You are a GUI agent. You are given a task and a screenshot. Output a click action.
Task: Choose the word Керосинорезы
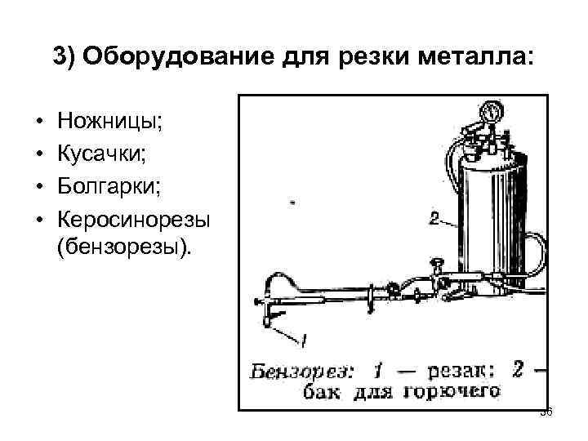pyautogui.click(x=134, y=220)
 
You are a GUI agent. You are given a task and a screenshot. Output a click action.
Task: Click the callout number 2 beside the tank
pyautogui.click(x=434, y=218)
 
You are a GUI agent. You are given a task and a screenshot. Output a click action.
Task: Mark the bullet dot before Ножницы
pyautogui.click(x=38, y=124)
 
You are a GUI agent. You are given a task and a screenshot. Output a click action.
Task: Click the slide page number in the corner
pyautogui.click(x=547, y=412)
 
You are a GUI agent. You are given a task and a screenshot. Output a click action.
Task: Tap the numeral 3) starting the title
pyautogui.click(x=65, y=58)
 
